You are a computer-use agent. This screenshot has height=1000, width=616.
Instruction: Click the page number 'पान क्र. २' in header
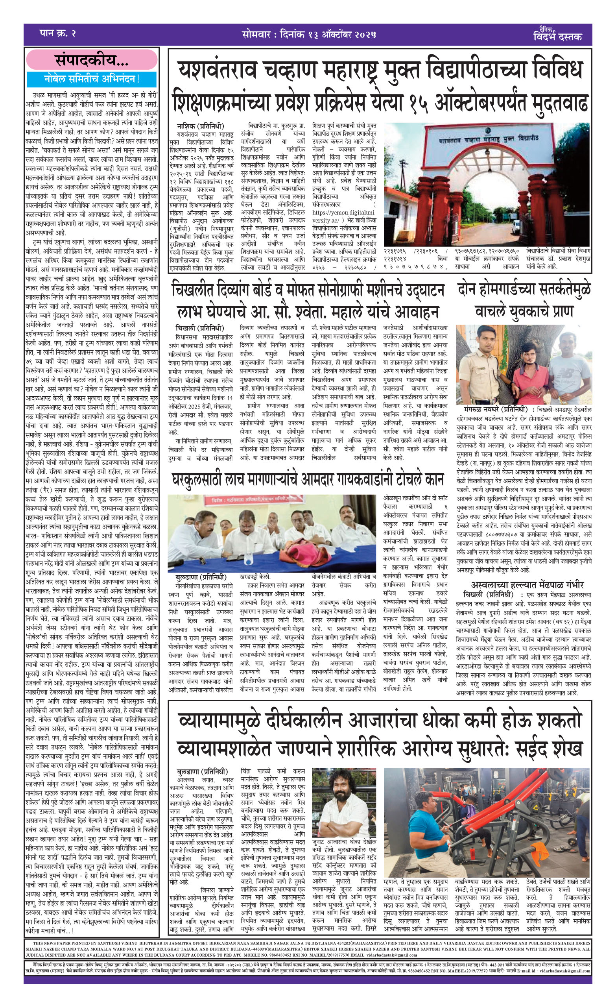(x=58, y=33)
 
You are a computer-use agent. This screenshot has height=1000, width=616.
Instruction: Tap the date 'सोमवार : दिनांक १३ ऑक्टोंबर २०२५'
(x=309, y=34)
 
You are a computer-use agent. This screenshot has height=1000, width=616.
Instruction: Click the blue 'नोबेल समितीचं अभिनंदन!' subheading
(x=92, y=79)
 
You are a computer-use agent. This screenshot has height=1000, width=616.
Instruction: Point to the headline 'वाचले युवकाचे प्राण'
(x=524, y=311)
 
